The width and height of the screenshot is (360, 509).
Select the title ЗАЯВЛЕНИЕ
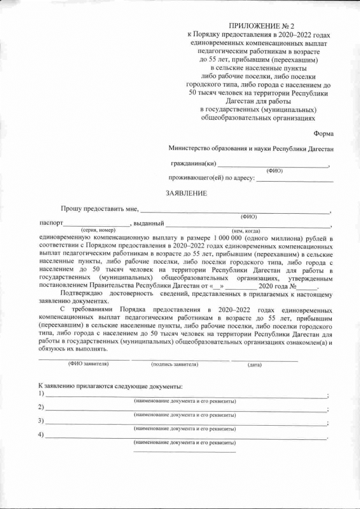pyautogui.click(x=186, y=193)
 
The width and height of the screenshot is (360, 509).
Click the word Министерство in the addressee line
pyautogui.click(x=190, y=148)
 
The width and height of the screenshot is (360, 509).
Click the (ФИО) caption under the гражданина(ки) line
pyautogui.click(x=274, y=170)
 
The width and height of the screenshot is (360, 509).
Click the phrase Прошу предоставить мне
pyautogui.click(x=100, y=209)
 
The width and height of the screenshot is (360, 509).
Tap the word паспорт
pyautogui.click(x=50, y=223)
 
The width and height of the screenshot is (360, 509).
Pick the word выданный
pyautogui.click(x=148, y=223)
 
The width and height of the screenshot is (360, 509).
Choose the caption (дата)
pyautogui.click(x=254, y=365)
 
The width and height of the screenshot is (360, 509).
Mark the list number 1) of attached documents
pyautogui.click(x=41, y=394)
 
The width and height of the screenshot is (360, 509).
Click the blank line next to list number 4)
pyautogui.click(x=186, y=436)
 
